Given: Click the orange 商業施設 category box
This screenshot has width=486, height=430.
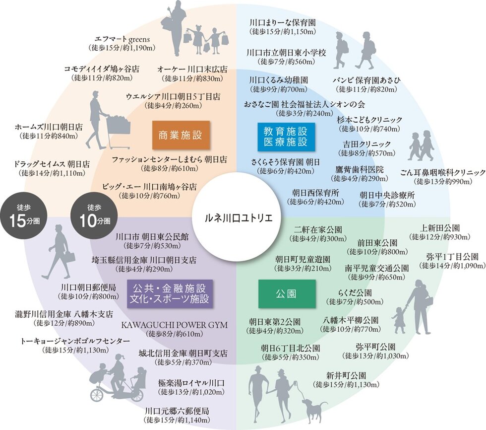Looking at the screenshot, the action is [181, 135].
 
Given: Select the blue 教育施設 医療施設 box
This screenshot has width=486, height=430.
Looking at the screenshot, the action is [286, 137].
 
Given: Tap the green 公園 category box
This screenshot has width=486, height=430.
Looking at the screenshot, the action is [287, 293].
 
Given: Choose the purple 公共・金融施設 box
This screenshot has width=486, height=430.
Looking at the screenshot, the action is [170, 293].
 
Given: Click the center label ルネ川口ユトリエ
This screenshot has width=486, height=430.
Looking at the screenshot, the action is [239, 218].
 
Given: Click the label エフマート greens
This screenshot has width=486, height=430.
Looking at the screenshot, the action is [122, 39].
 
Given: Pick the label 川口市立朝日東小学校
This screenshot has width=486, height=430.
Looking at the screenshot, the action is [287, 53].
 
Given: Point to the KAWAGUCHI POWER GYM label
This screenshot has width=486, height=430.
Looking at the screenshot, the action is [174, 325].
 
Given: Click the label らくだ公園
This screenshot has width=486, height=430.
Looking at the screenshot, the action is [355, 293].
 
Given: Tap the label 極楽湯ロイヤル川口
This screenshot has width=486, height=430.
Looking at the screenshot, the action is [191, 383].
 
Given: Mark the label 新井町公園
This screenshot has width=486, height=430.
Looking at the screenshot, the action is [346, 376].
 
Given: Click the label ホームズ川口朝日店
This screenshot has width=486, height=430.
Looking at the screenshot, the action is [49, 127].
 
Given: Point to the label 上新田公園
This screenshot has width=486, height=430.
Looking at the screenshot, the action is [440, 228].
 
